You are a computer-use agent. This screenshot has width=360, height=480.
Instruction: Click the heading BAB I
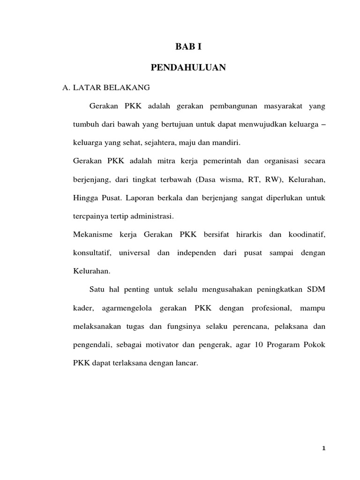pos(188,46)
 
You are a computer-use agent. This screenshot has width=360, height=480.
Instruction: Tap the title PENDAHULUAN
pos(188,68)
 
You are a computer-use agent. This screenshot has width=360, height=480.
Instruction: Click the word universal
pos(135,253)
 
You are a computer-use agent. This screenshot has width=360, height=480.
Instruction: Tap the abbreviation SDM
pos(315,289)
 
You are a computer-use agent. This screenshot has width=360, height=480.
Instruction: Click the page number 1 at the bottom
pos(323,448)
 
